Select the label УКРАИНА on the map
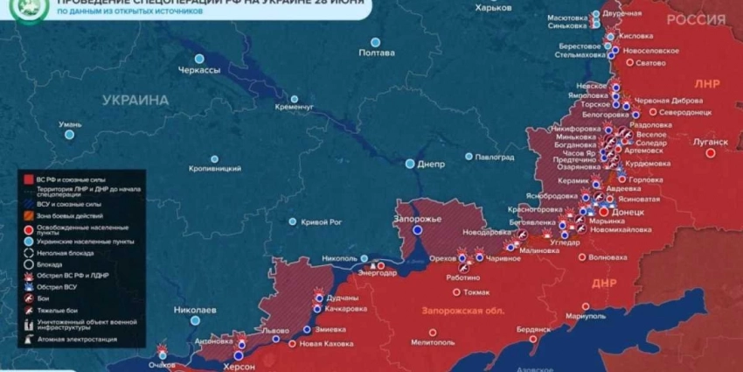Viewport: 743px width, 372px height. tap(135, 101)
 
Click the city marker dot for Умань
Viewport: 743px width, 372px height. tap(70, 136)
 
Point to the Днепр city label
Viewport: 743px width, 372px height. tap(430, 164)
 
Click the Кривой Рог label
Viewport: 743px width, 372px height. tap(321, 222)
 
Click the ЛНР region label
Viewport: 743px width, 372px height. tap(706, 85)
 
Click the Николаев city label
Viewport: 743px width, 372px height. tap(195, 310)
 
